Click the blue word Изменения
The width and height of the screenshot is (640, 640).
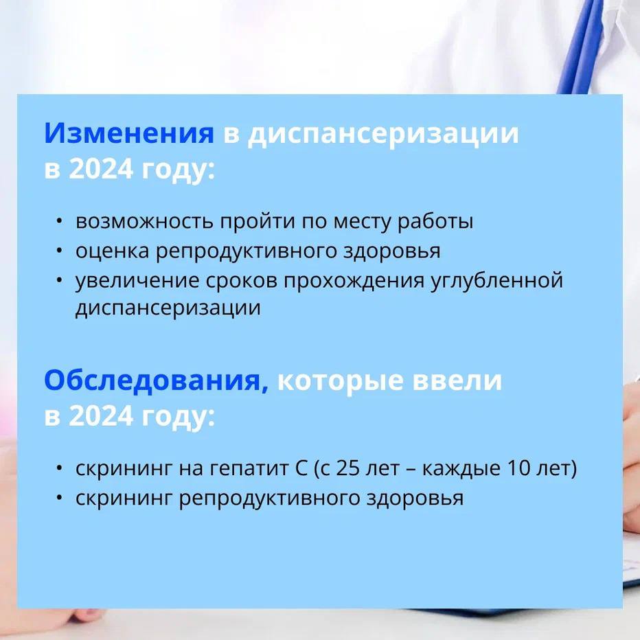129,133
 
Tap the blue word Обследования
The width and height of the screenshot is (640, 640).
156,380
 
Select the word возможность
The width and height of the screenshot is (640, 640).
144,221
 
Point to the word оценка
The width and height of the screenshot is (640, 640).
112,251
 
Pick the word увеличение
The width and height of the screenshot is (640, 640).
137,282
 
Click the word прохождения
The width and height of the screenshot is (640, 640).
354,282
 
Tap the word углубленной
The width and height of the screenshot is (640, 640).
497,282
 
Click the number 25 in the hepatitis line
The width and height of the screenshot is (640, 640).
347,468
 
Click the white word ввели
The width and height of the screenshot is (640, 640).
457,381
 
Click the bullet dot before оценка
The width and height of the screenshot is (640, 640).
60,251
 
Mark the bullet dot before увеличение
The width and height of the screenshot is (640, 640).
60,281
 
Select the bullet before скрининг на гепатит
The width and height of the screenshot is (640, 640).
60,468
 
